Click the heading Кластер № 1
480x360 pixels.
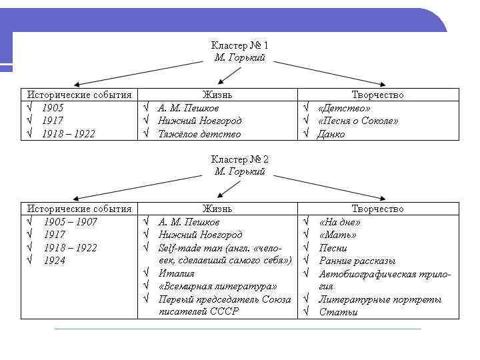239,45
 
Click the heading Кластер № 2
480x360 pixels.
239,159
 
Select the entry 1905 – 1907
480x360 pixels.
70,222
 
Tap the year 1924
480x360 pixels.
55,261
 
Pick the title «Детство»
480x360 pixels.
344,108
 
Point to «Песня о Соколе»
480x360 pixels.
358,121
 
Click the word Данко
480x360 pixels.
331,134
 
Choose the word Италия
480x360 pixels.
176,273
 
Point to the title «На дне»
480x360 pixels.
339,222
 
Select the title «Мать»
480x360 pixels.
337,235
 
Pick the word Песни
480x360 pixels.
333,248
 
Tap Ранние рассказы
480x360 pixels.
357,261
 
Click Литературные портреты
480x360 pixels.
380,299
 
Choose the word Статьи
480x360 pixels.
338,312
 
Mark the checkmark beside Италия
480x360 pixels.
146,273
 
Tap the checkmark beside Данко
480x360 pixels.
306,134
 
